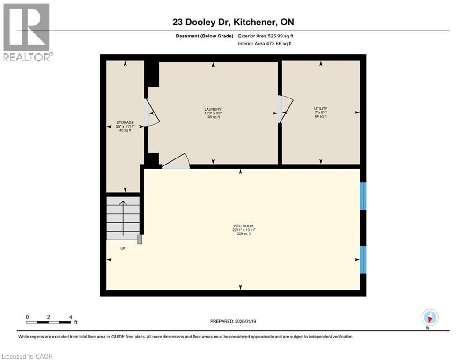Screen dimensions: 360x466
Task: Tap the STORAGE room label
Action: pyautogui.click(x=125, y=122)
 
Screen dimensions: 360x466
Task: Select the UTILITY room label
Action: pyautogui.click(x=320, y=108)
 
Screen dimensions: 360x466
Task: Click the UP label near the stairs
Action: pyautogui.click(x=123, y=248)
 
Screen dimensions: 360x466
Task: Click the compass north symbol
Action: pyautogui.click(x=429, y=318)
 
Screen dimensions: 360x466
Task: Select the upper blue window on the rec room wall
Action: pyautogui.click(x=362, y=196)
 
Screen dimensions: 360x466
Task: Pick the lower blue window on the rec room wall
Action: pyautogui.click(x=362, y=259)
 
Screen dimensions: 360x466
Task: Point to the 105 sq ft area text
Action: pyautogui.click(x=212, y=117)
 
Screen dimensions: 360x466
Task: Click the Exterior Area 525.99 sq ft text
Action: pyautogui.click(x=266, y=36)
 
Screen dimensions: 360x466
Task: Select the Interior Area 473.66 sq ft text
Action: pyautogui.click(x=265, y=44)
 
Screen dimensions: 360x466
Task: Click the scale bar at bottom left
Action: pyautogui.click(x=49, y=322)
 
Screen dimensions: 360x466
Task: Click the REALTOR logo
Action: pyautogui.click(x=27, y=32)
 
